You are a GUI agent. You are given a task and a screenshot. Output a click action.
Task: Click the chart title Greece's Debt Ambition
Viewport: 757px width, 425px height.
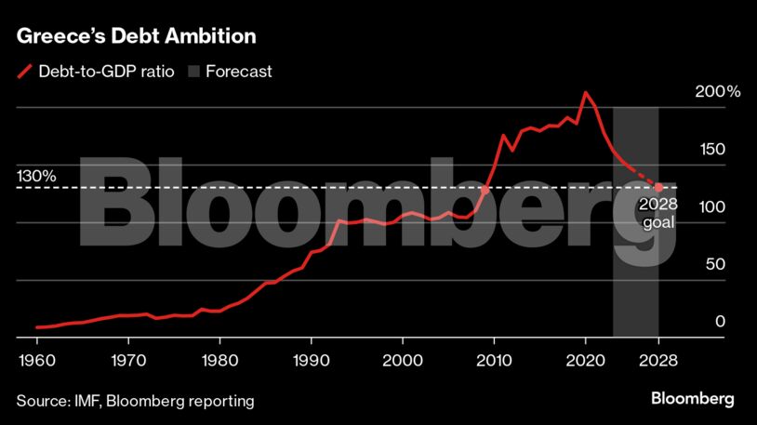136,37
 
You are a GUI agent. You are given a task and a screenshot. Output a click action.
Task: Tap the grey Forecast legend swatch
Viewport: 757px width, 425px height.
194,71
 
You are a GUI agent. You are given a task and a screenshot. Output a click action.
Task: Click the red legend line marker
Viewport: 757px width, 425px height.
24,71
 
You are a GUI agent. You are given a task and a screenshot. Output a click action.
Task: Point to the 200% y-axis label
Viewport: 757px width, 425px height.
717,92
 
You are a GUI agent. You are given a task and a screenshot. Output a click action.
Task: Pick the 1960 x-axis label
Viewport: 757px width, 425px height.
36,359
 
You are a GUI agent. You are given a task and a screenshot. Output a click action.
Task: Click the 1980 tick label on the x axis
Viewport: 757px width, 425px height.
219,359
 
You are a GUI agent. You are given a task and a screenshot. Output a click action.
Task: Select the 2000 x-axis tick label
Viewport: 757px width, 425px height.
402,359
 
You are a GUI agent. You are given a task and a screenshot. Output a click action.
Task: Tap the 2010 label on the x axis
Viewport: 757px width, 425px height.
494,359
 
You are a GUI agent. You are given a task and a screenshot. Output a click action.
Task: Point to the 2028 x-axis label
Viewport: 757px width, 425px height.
658,359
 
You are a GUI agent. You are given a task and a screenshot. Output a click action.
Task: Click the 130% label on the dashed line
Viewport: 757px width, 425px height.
37,176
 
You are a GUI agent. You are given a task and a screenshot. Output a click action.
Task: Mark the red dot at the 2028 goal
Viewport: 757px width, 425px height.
658,188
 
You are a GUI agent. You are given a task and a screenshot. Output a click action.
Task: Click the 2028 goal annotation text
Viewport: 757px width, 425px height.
657,214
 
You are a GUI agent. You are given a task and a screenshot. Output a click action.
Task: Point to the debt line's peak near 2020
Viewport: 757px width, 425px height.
585,93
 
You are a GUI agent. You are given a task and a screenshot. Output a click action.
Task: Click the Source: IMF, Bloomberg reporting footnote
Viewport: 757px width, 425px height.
135,401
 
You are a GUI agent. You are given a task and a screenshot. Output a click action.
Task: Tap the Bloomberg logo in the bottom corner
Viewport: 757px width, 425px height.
692,399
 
